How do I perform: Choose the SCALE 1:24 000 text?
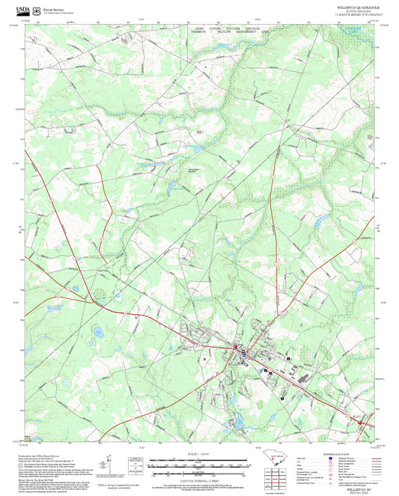199,453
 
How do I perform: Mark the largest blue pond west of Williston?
98,330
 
